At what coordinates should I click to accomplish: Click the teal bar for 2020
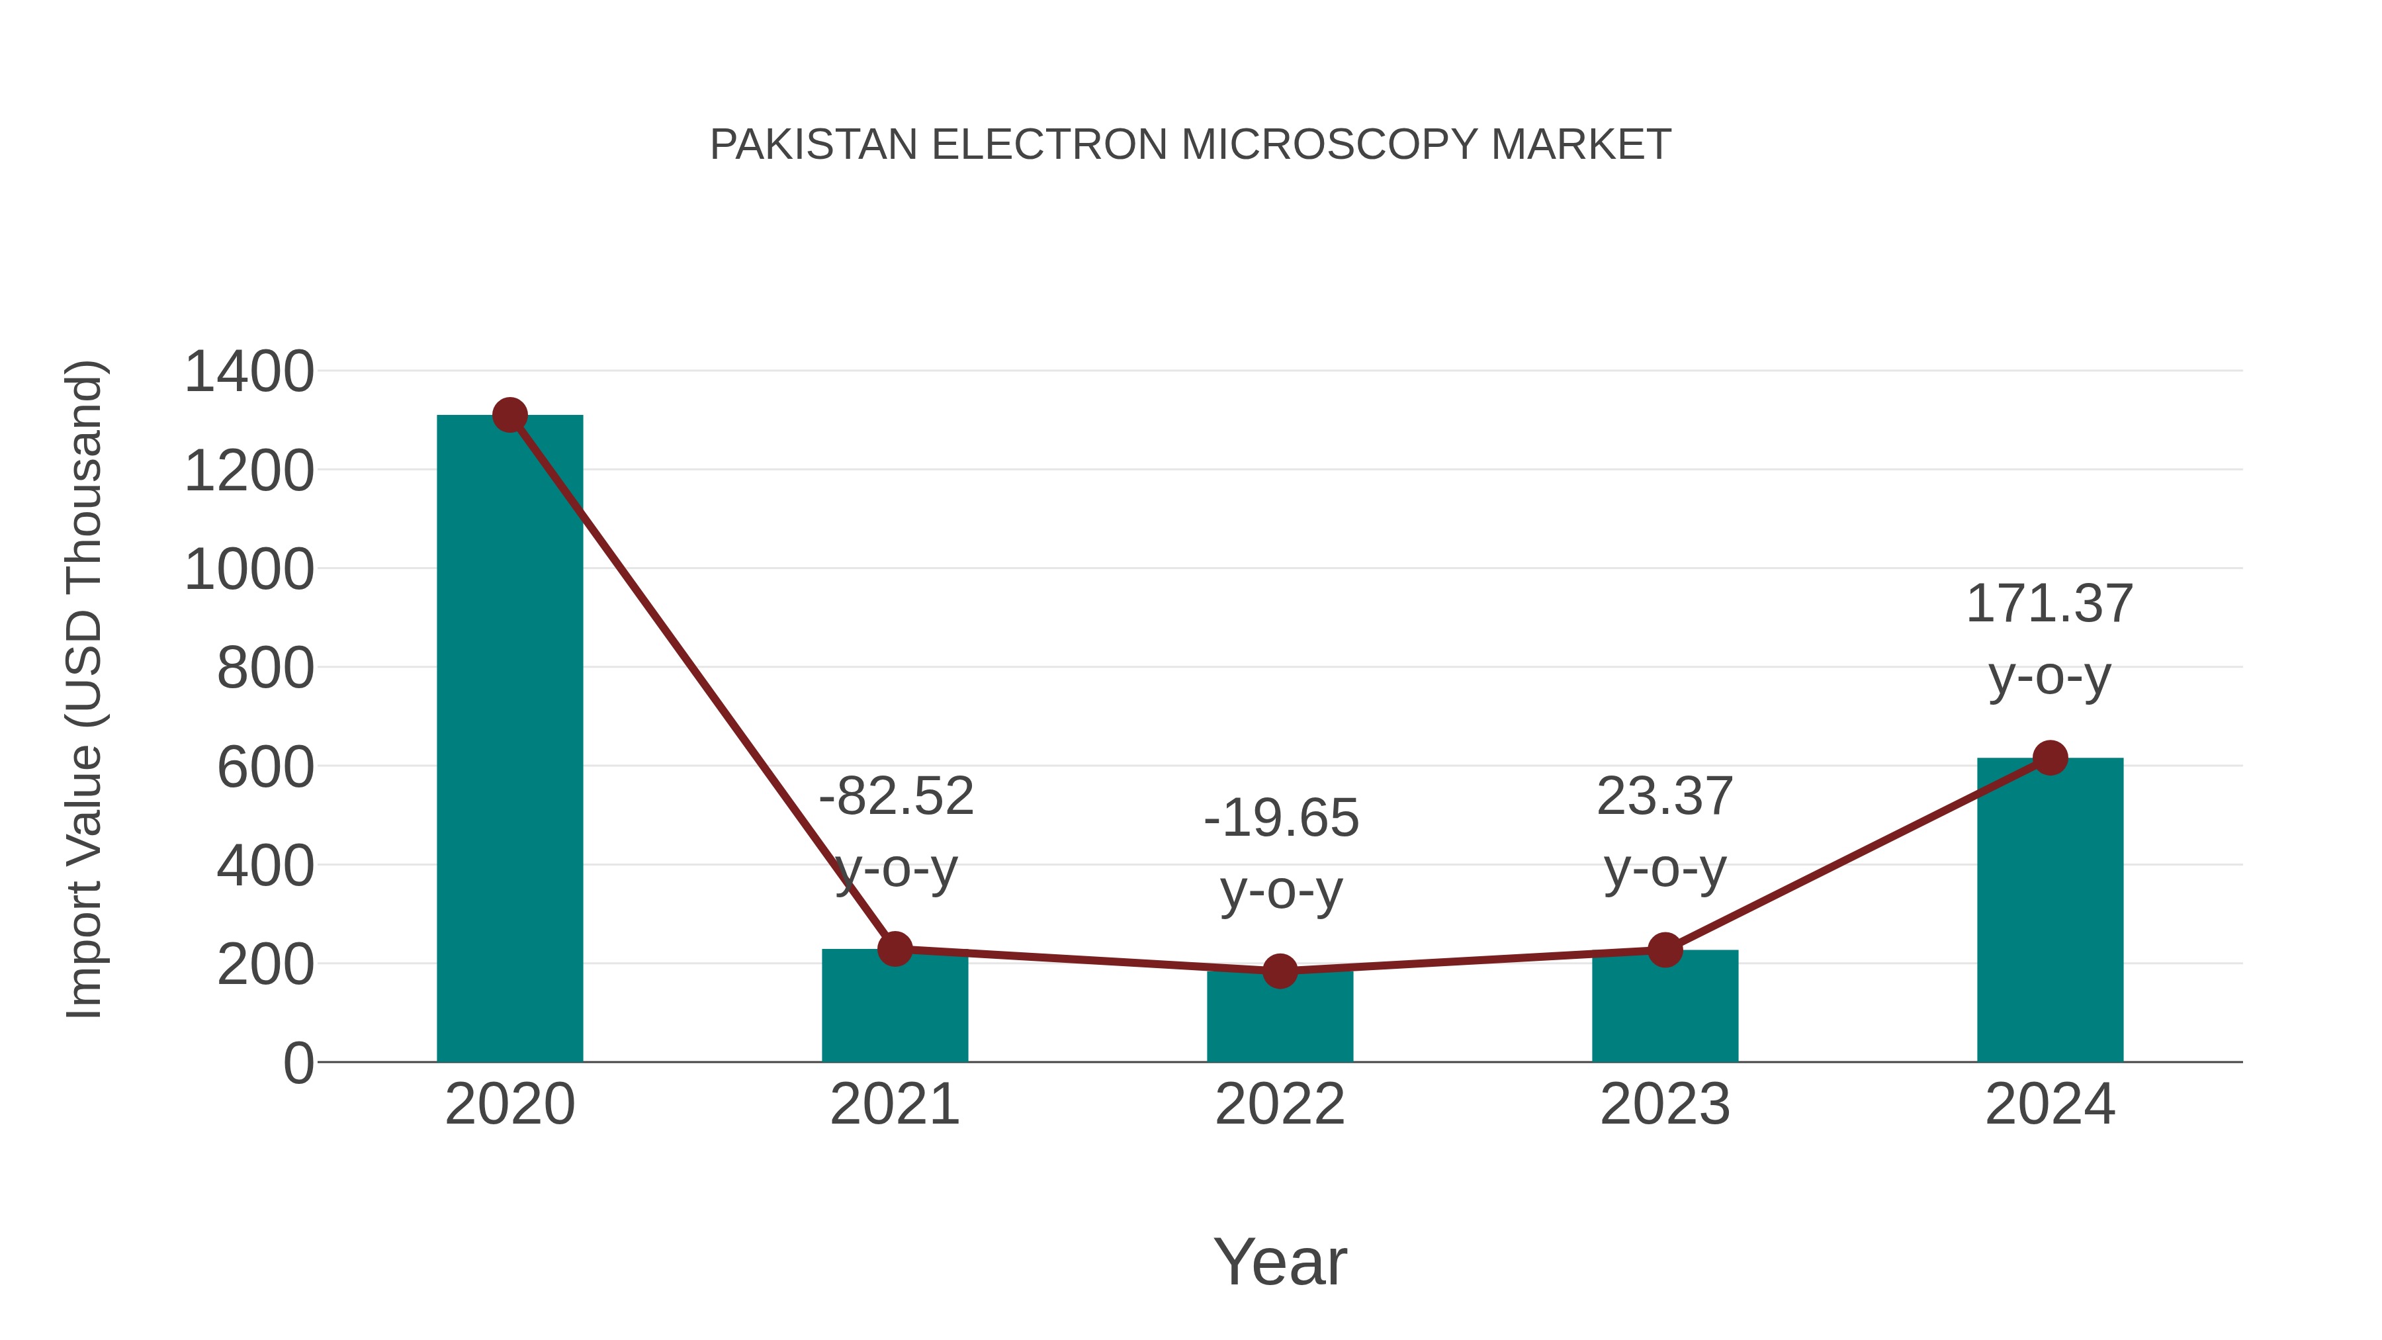click(509, 740)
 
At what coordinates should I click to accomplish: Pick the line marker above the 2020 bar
click(509, 415)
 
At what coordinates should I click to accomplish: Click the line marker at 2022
click(1280, 971)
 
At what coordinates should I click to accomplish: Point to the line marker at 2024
click(2050, 758)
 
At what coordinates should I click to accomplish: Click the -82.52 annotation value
click(896, 796)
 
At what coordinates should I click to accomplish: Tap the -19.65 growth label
click(1281, 819)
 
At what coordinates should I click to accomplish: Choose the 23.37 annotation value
click(1665, 796)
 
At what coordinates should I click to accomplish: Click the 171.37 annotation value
click(2049, 604)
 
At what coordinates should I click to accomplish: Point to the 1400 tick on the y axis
click(249, 372)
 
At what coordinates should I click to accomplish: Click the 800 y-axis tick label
click(265, 668)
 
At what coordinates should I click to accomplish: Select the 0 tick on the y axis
click(298, 1063)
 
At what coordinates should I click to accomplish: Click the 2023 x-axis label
click(1665, 1104)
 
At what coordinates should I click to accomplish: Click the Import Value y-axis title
click(84, 689)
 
